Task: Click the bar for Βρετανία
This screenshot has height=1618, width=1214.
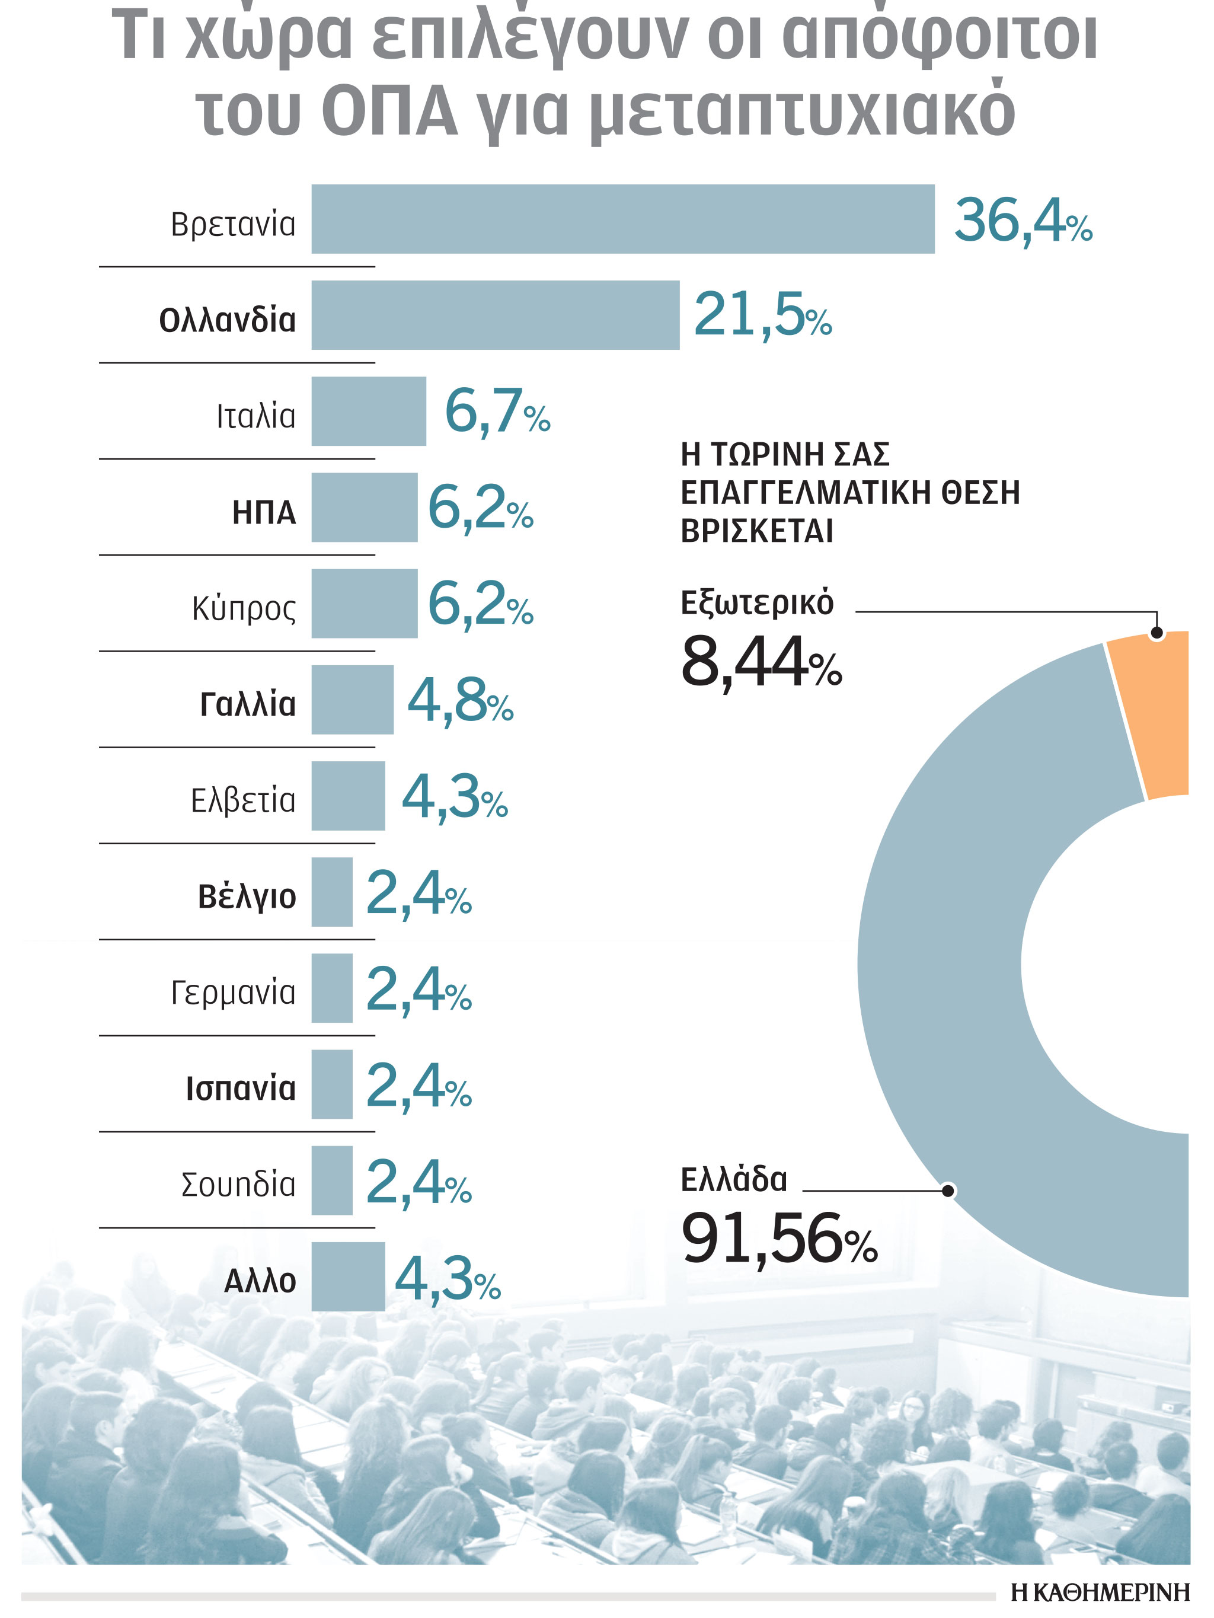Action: pyautogui.click(x=622, y=219)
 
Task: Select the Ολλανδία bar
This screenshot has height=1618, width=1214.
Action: pyautogui.click(x=495, y=315)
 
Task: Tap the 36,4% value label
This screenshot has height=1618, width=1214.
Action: pyautogui.click(x=1023, y=219)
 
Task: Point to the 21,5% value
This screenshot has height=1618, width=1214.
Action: pyautogui.click(x=762, y=315)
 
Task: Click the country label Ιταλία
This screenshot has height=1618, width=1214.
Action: pyautogui.click(x=255, y=416)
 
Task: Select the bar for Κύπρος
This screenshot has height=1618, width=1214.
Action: pyautogui.click(x=364, y=604)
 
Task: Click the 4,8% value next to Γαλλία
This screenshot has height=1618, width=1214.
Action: pyautogui.click(x=459, y=701)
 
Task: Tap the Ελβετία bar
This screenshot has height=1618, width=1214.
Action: pyautogui.click(x=348, y=796)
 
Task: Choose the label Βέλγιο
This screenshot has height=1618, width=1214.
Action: pyautogui.click(x=247, y=896)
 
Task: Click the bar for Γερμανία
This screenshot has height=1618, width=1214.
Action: pyautogui.click(x=332, y=988)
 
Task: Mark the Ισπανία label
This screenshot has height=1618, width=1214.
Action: pyautogui.click(x=241, y=1089)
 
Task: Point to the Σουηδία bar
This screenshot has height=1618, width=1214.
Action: pyautogui.click(x=332, y=1180)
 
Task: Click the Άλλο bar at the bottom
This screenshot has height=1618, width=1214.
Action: pyautogui.click(x=348, y=1276)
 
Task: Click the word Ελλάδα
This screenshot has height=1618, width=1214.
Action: pyautogui.click(x=733, y=1180)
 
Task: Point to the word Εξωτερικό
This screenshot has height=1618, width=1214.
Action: pyautogui.click(x=756, y=603)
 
